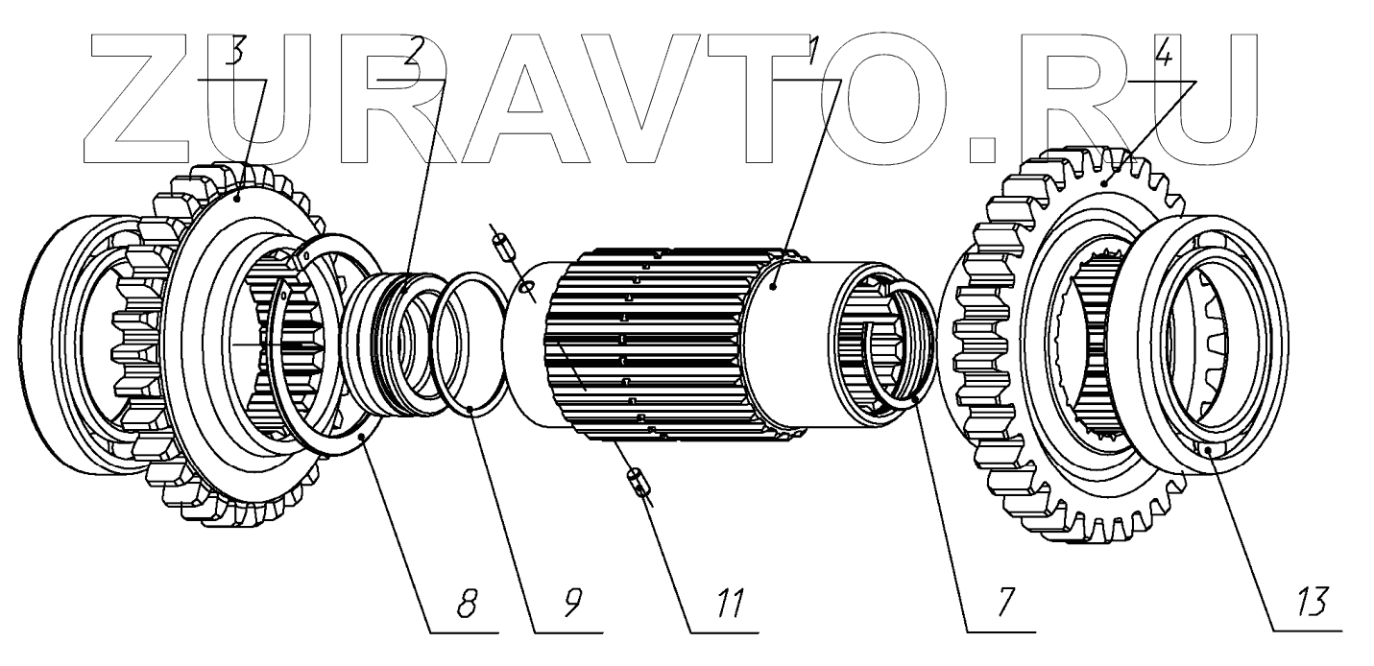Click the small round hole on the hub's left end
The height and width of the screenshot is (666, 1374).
(524, 287)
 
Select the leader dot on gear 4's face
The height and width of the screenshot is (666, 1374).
(1105, 182)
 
